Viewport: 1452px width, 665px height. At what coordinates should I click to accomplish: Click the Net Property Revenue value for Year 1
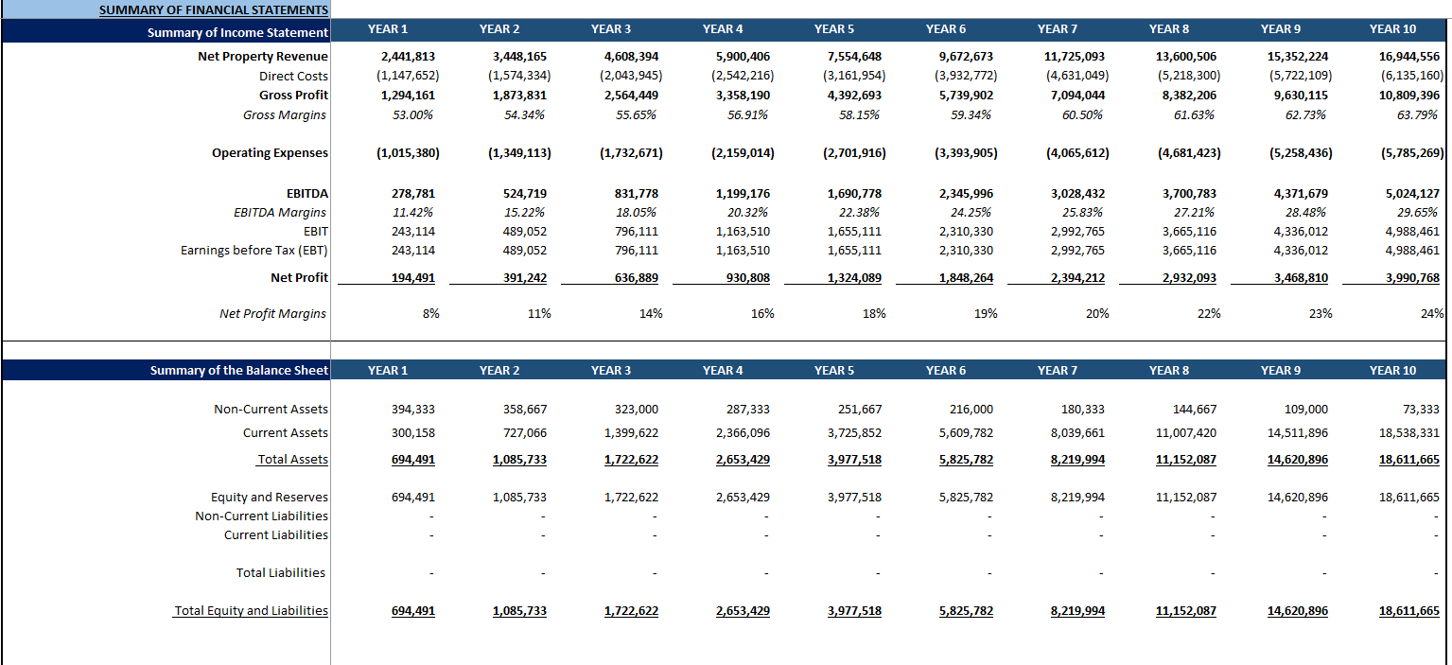click(408, 57)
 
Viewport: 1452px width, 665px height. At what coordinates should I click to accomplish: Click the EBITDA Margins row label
click(280, 213)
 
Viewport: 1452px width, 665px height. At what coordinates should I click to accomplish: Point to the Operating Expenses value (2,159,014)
click(742, 153)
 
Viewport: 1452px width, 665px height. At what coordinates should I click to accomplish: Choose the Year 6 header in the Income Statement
click(946, 29)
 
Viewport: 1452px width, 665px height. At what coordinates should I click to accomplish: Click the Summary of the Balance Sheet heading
click(238, 371)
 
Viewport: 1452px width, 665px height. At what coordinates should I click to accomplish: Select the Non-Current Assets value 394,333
click(413, 410)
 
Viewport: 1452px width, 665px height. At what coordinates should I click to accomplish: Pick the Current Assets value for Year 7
click(1077, 433)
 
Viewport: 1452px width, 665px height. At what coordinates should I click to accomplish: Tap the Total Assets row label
click(292, 460)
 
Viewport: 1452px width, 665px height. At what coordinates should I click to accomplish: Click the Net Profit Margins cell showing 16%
click(762, 314)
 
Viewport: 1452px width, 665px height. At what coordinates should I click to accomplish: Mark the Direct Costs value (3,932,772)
click(965, 77)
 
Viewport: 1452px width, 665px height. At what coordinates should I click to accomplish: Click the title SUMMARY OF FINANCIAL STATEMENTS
click(214, 10)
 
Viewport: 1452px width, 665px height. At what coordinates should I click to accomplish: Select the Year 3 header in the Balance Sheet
click(611, 371)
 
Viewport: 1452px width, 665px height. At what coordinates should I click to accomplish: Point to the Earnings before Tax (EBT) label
click(254, 251)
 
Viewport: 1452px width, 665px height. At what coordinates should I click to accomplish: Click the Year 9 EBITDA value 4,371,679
click(1299, 194)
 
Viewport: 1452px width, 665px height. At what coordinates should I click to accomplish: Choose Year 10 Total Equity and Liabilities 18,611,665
click(1408, 611)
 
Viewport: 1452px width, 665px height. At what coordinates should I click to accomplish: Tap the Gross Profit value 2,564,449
click(631, 96)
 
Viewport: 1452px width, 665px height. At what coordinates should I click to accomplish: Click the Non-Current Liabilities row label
click(261, 516)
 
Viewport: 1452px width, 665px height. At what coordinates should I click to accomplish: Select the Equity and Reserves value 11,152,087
click(1186, 498)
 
